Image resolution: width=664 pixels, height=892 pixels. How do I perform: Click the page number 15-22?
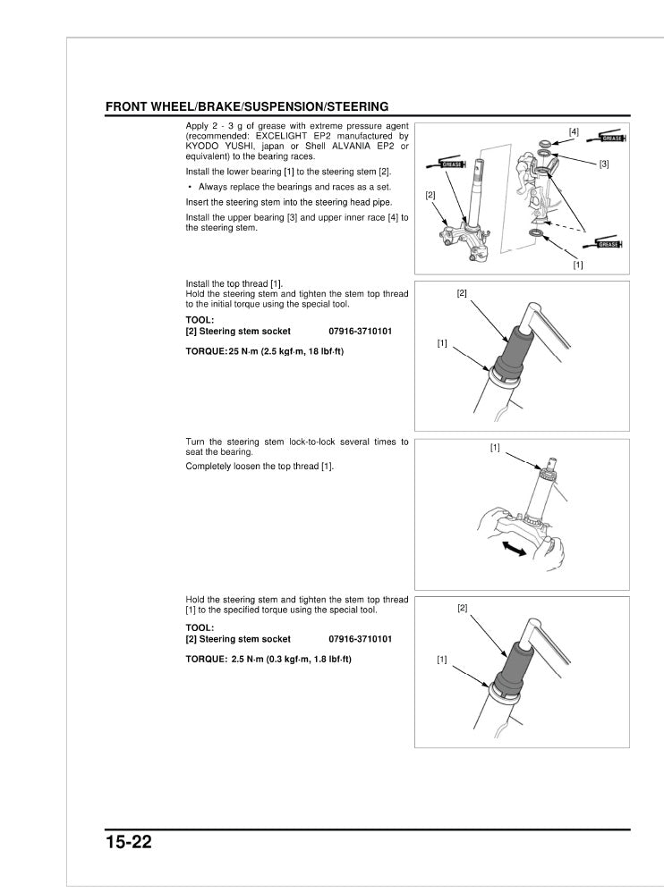pyautogui.click(x=129, y=842)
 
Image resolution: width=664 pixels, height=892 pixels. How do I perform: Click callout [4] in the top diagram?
pyautogui.click(x=574, y=131)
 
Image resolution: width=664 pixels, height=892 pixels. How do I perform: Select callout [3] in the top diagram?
pyautogui.click(x=604, y=164)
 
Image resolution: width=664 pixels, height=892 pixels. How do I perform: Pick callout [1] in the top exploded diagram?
pyautogui.click(x=578, y=265)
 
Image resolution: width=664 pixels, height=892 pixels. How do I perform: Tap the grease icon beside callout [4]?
pyautogui.click(x=612, y=139)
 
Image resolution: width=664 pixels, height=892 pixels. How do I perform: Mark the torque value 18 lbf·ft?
pyautogui.click(x=323, y=351)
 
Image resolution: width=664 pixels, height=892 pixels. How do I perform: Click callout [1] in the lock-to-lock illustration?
pyautogui.click(x=495, y=447)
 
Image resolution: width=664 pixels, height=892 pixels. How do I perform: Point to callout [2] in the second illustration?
pyautogui.click(x=462, y=293)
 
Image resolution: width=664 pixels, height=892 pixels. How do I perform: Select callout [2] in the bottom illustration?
pyautogui.click(x=463, y=608)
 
